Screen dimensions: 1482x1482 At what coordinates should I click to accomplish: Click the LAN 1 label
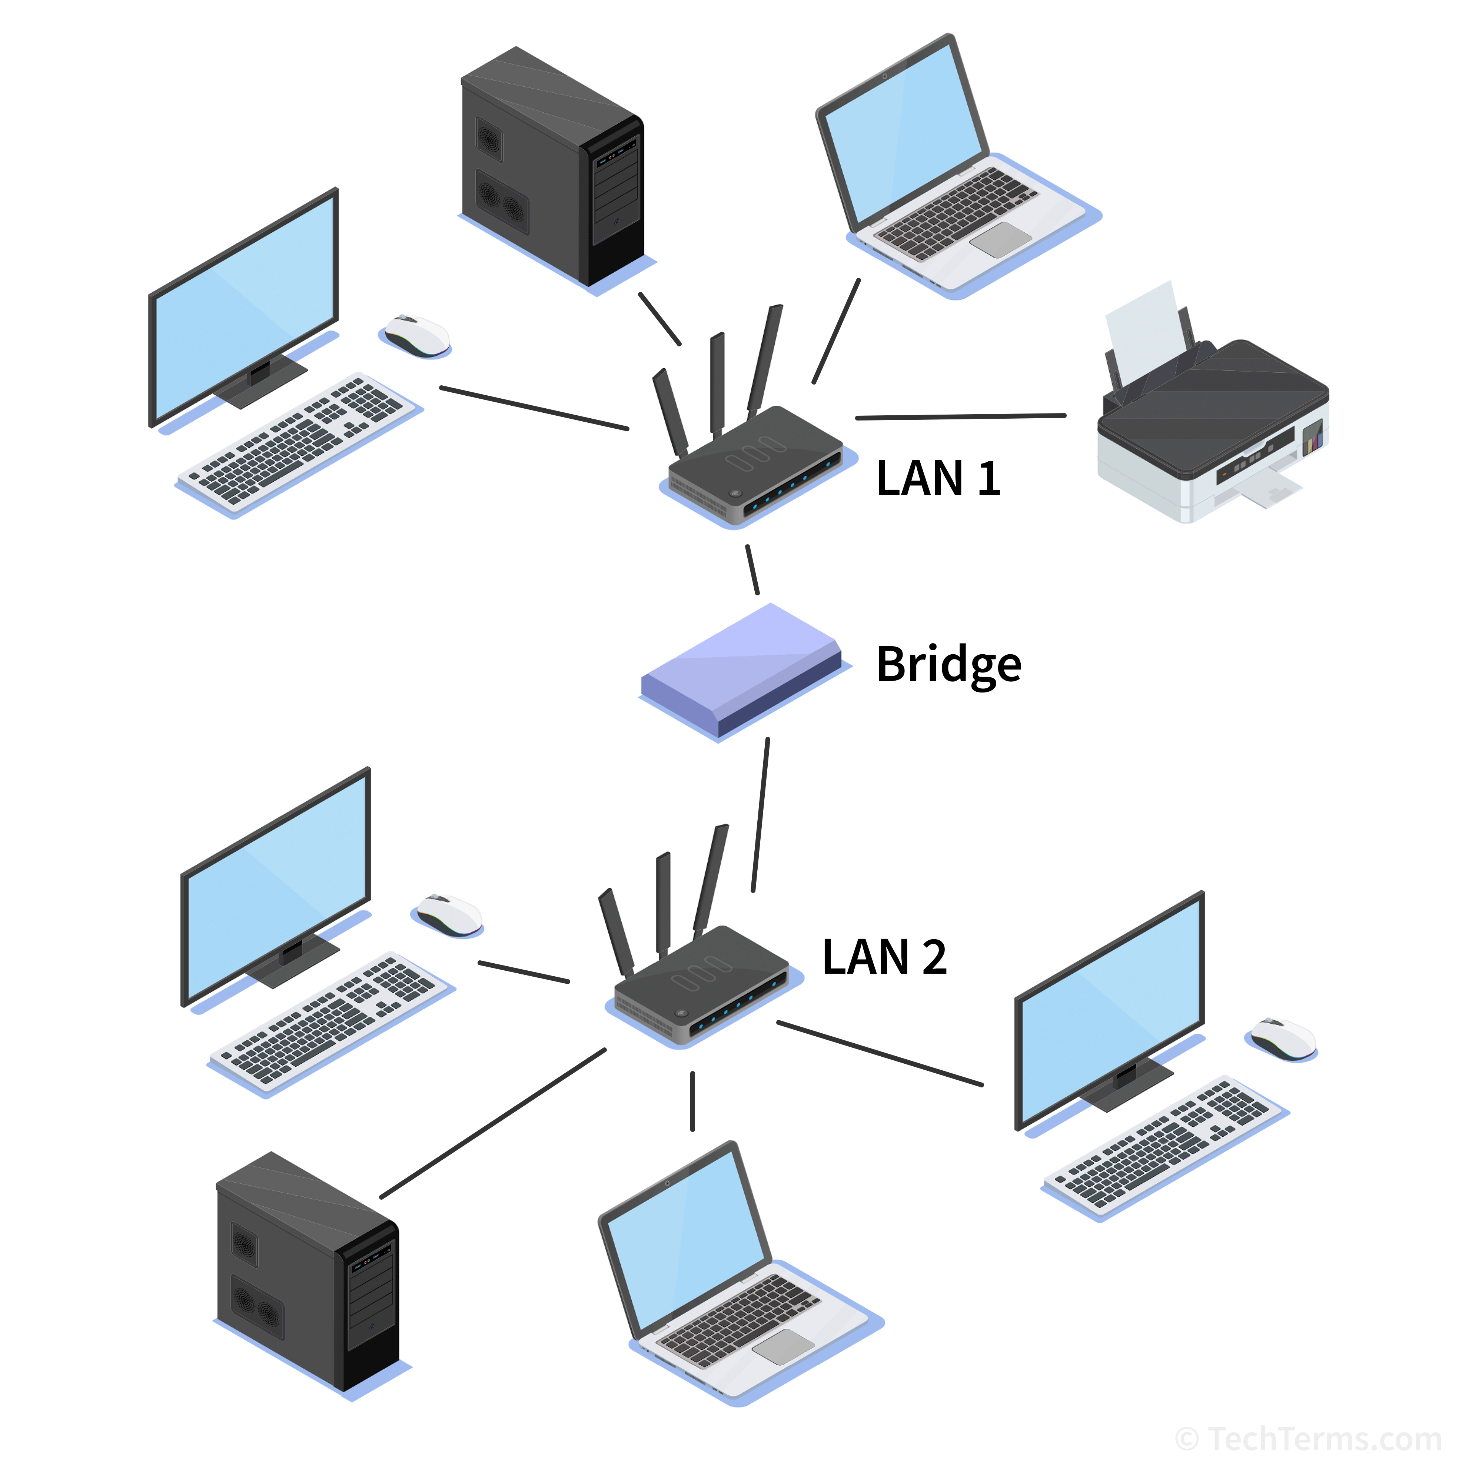[937, 479]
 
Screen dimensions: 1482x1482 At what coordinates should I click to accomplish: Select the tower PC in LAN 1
[551, 169]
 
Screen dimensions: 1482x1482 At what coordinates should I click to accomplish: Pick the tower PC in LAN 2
[307, 1273]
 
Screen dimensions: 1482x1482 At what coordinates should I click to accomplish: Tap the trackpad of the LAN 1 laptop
[1001, 240]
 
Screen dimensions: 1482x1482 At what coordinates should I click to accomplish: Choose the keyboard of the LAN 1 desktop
[299, 441]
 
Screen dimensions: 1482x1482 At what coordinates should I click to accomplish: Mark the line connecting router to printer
[960, 416]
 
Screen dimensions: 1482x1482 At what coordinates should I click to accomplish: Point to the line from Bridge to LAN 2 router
[760, 815]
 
